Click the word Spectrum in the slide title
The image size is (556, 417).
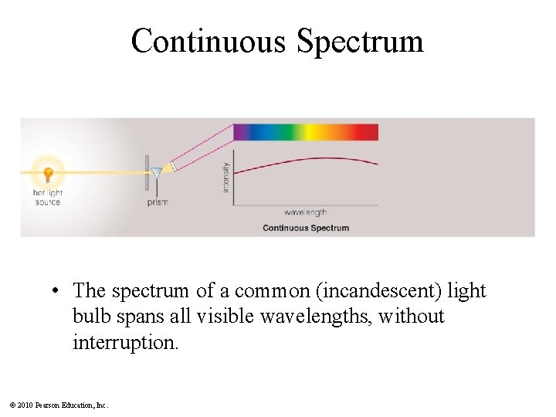pyautogui.click(x=360, y=42)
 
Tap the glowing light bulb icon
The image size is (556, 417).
pyautogui.click(x=48, y=172)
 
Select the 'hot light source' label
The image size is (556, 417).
pyautogui.click(x=47, y=197)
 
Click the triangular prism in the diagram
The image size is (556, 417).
pyautogui.click(x=158, y=172)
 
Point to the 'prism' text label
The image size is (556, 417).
pyautogui.click(x=158, y=202)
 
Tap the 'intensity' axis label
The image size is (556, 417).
pyautogui.click(x=226, y=177)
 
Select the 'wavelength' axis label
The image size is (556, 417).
pyautogui.click(x=305, y=212)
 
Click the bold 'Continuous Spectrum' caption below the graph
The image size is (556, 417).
pyautogui.click(x=306, y=228)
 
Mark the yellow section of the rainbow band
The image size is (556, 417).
pyautogui.click(x=312, y=132)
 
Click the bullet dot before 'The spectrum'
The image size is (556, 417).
pyautogui.click(x=58, y=292)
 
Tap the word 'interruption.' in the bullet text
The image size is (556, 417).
pyautogui.click(x=125, y=341)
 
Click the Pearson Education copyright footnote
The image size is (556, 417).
pyautogui.click(x=58, y=405)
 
